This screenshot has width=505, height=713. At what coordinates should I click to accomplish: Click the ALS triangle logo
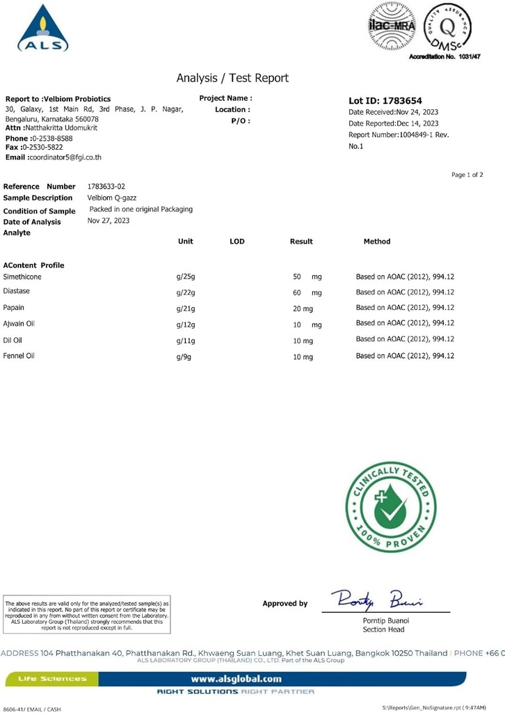tap(43, 29)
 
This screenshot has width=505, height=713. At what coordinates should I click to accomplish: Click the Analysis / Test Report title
tap(232, 78)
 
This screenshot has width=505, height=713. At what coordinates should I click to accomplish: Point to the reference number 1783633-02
tap(106, 187)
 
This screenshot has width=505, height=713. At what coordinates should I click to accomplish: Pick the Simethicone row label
tap(22, 277)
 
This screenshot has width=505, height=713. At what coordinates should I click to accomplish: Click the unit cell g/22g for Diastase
tap(186, 292)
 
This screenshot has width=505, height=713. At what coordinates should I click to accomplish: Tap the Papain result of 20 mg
tap(303, 308)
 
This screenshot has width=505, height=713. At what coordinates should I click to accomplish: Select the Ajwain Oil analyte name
tap(19, 324)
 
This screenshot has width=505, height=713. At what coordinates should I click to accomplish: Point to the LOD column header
tap(237, 242)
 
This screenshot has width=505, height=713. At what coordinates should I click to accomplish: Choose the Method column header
tap(377, 242)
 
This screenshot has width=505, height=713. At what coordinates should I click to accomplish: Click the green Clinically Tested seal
tap(391, 508)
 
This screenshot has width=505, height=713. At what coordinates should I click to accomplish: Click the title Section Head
tap(383, 629)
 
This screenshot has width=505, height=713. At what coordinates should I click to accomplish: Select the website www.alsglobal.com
tap(237, 678)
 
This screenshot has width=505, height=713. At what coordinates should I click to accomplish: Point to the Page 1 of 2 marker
tap(467, 175)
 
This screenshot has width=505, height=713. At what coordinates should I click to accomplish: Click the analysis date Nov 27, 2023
tap(109, 221)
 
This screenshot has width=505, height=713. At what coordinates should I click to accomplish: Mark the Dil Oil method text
tap(405, 339)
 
